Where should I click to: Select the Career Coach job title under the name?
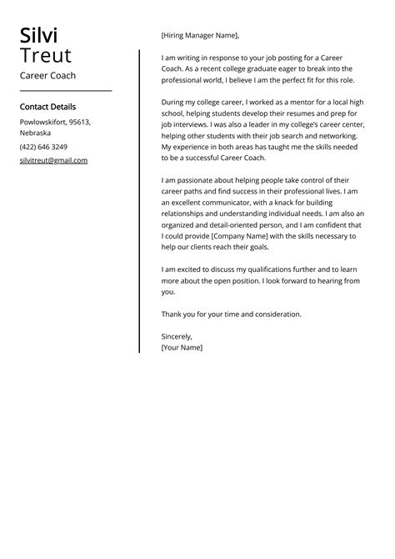pyautogui.click(x=47, y=76)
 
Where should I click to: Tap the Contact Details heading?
pyautogui.click(x=47, y=107)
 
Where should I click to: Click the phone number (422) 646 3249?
pyautogui.click(x=43, y=147)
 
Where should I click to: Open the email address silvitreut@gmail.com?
pyautogui.click(x=53, y=160)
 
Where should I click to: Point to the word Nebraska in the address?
pyautogui.click(x=35, y=133)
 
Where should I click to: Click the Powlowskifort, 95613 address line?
pyautogui.click(x=55, y=122)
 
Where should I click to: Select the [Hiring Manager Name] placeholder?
pyautogui.click(x=200, y=35)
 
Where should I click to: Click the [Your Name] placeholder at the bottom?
pyautogui.click(x=182, y=347)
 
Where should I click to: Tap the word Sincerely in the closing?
pyautogui.click(x=177, y=336)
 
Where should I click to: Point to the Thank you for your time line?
pyautogui.click(x=231, y=314)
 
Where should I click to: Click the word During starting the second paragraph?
pyautogui.click(x=174, y=101)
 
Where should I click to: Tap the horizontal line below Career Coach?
pyautogui.click(x=65, y=90)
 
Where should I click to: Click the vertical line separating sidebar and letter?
pyautogui.click(x=139, y=200)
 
